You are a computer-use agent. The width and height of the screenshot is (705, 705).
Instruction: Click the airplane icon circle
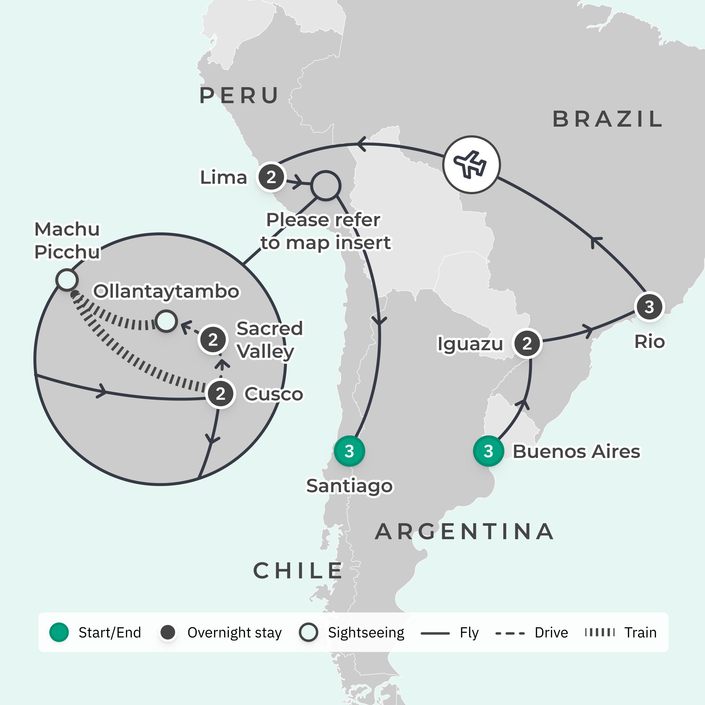pyautogui.click(x=471, y=164)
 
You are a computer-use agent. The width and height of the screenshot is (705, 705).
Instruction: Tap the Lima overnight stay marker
pyautogui.click(x=271, y=177)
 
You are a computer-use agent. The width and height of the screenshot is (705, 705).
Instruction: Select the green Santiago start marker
pyautogui.click(x=349, y=451)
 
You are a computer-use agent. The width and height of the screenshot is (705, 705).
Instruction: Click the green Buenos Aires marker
pyautogui.click(x=488, y=451)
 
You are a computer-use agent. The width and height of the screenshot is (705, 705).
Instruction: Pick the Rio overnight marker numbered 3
pyautogui.click(x=649, y=307)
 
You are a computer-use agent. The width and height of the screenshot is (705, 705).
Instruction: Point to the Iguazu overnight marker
pyautogui.click(x=527, y=343)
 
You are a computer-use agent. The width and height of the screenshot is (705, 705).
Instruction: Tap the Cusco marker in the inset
pyautogui.click(x=220, y=394)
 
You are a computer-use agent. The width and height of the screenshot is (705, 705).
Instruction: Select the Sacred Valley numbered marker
pyautogui.click(x=213, y=340)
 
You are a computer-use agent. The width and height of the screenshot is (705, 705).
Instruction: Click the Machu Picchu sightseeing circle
pyautogui.click(x=67, y=280)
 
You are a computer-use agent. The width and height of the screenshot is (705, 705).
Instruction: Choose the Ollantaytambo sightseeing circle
pyautogui.click(x=166, y=321)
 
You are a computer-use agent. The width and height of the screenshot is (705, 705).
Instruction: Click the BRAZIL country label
pyautogui.click(x=607, y=119)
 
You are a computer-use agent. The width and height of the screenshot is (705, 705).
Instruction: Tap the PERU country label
pyautogui.click(x=239, y=96)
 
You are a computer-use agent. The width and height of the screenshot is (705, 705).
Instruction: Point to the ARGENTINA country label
pyautogui.click(x=464, y=531)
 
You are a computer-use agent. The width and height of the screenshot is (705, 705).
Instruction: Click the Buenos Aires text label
pyautogui.click(x=576, y=451)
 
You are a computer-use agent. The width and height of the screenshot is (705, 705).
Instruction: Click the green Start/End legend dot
pyautogui.click(x=59, y=633)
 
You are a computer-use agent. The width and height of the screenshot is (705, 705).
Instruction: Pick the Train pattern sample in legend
pyautogui.click(x=600, y=633)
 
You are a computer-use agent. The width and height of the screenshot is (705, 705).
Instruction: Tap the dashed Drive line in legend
pyautogui.click(x=510, y=633)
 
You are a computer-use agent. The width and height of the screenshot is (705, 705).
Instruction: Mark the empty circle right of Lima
pyautogui.click(x=325, y=185)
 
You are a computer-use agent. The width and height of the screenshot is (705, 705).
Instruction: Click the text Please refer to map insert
pyautogui.click(x=325, y=231)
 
